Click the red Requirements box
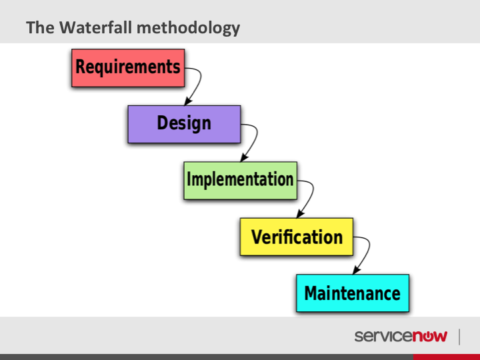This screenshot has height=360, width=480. tap(128, 68)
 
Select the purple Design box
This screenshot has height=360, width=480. tap(184, 124)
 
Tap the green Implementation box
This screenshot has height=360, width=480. tap(240, 181)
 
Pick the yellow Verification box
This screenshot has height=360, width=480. tap(297, 237)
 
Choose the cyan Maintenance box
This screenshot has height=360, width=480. tap(353, 293)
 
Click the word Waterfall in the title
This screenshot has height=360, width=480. tap(95, 27)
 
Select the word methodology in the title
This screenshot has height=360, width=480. tap(188, 28)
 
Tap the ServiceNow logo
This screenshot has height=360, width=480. tap(401, 336)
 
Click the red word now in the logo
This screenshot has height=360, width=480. tap(430, 336)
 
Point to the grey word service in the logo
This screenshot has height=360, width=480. tap(383, 336)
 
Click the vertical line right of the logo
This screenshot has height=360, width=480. tap(459, 337)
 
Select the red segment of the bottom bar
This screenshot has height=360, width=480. tap(447, 357)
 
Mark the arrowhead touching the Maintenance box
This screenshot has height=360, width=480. tap(356, 270)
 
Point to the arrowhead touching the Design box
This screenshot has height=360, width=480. tap(188, 101)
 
